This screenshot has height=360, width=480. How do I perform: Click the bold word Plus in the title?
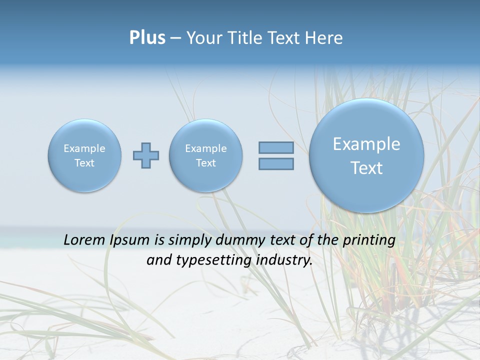(x=147, y=38)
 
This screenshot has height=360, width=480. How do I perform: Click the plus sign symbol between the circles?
(x=146, y=155)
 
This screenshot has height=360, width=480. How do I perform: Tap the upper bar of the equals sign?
(x=276, y=147)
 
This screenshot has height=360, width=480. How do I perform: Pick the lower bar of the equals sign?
(x=276, y=163)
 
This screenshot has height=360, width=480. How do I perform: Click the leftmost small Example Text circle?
(x=84, y=155)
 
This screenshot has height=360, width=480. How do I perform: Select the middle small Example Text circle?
(x=206, y=155)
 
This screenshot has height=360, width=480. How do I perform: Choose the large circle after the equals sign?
(x=366, y=155)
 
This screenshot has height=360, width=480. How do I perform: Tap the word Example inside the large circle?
(x=366, y=144)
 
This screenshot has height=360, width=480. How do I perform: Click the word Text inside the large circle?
(x=366, y=168)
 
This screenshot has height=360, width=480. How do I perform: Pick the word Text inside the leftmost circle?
(x=84, y=163)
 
